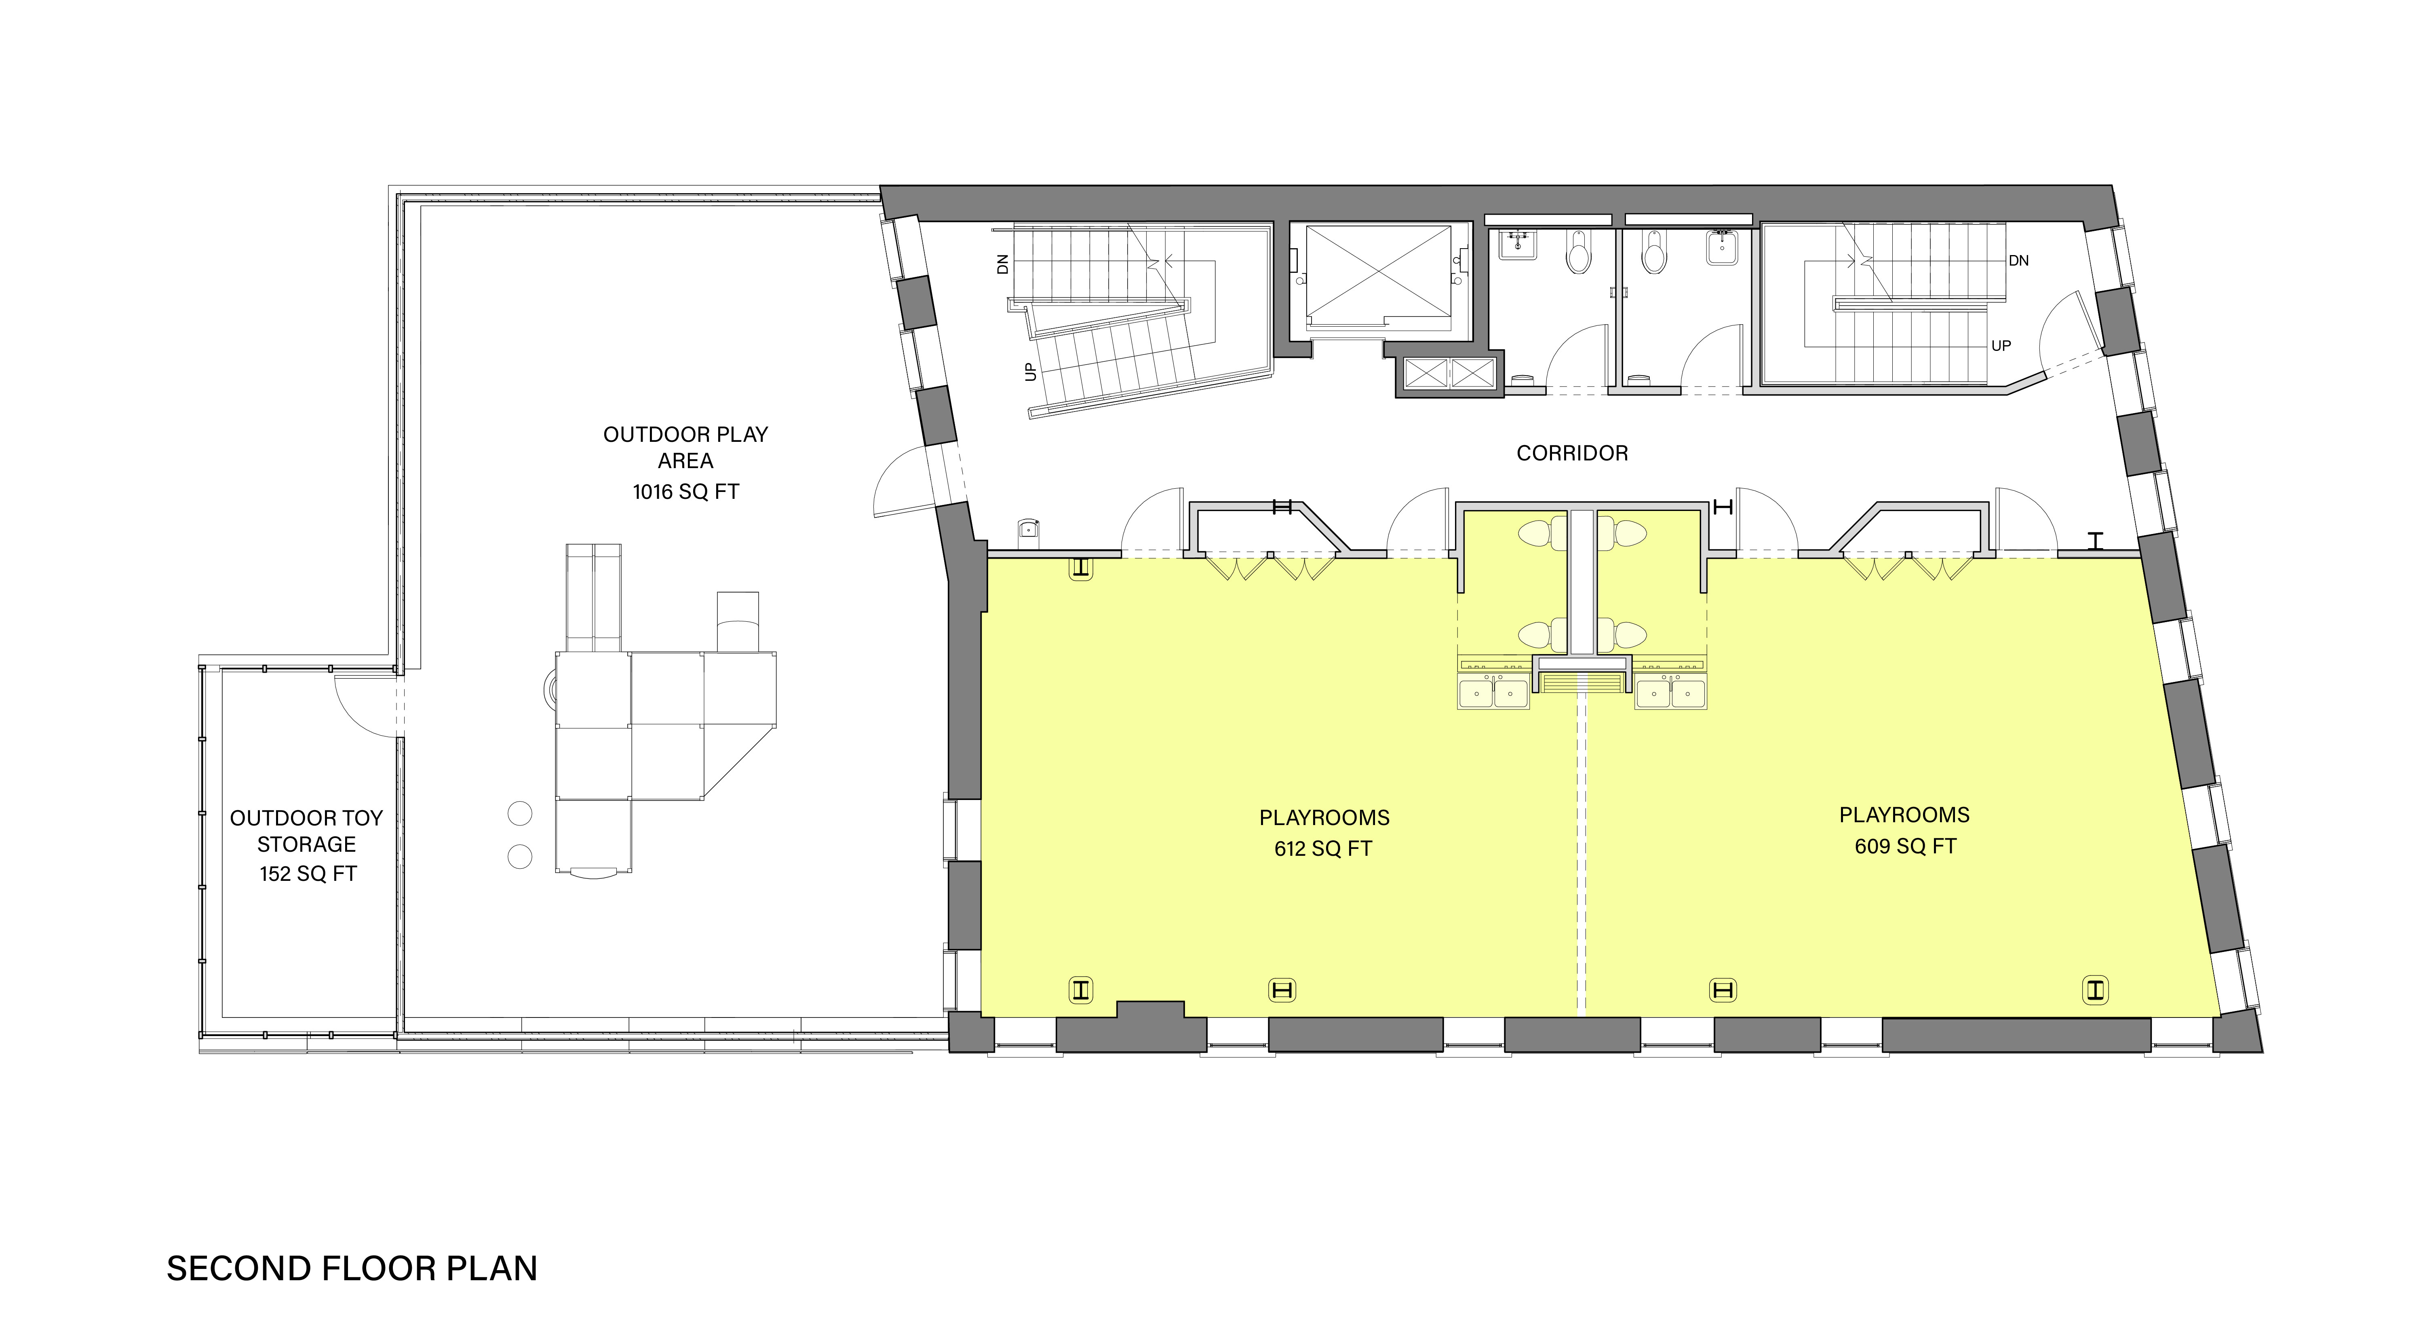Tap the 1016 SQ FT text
point(685,492)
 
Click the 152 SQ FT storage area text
point(308,874)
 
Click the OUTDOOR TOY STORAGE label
point(307,831)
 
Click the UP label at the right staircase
point(2001,346)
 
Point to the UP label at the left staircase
point(1030,372)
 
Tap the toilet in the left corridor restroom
point(1579,252)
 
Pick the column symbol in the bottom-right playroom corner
point(2096,990)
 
